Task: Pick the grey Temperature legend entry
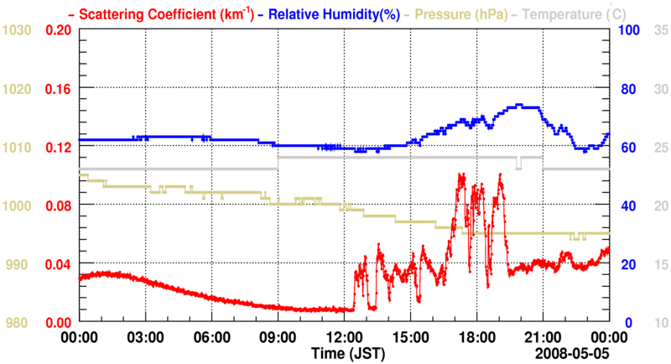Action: pyautogui.click(x=578, y=13)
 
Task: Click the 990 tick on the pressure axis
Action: pyautogui.click(x=17, y=264)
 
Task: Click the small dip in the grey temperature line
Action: pyautogui.click(x=519, y=164)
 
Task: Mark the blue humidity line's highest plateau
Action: pyautogui.click(x=527, y=106)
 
